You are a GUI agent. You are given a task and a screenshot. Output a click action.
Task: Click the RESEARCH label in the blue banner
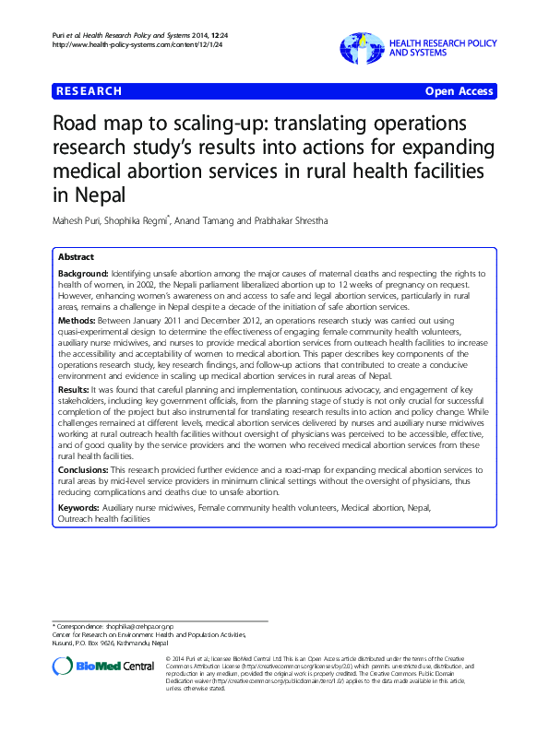pyautogui.click(x=88, y=91)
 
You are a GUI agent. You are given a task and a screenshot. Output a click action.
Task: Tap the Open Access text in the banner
pyautogui.click(x=459, y=91)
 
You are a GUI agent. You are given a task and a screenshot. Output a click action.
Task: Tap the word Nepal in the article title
pyautogui.click(x=92, y=195)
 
